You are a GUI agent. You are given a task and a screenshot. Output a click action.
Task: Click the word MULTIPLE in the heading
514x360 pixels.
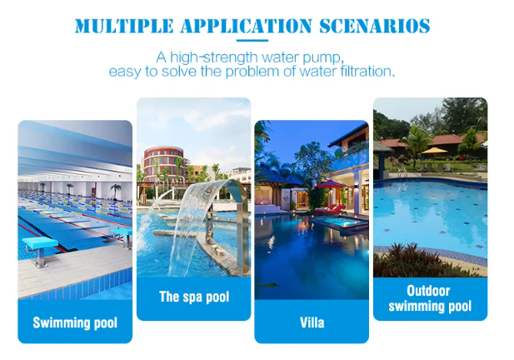(x=124, y=26)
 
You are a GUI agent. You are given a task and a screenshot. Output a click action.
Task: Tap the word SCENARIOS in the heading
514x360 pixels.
(x=374, y=26)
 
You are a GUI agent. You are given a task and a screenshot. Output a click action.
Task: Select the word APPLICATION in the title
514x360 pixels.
(x=247, y=26)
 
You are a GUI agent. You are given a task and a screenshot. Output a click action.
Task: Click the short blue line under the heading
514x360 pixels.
(x=252, y=41)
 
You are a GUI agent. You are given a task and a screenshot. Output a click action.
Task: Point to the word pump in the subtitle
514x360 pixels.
(x=323, y=58)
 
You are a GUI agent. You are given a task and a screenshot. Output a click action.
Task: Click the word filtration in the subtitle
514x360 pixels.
(x=367, y=71)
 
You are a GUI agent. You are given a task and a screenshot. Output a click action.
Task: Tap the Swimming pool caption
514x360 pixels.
(x=75, y=322)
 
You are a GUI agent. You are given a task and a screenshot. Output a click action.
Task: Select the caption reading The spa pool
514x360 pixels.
(x=194, y=297)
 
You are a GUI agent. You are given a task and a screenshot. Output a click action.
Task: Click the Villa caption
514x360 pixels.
(x=312, y=322)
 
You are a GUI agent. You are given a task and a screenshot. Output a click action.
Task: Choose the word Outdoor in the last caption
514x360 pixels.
(x=428, y=291)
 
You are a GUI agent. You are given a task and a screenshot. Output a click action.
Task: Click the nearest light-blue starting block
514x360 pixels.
(x=40, y=250)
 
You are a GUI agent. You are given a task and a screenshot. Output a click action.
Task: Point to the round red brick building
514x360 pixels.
(x=163, y=163)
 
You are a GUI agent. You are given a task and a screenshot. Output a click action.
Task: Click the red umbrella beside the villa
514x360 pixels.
(x=330, y=185)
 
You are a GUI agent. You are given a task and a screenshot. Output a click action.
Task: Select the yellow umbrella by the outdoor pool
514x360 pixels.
(x=434, y=151)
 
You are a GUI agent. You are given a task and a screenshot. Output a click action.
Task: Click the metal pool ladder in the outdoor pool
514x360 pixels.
(x=402, y=172)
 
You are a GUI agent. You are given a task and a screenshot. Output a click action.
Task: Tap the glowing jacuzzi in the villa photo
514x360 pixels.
(x=341, y=223)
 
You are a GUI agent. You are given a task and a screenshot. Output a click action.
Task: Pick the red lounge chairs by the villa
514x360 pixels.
(x=331, y=209)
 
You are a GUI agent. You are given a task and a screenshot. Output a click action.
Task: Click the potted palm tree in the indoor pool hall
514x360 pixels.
(x=116, y=191)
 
